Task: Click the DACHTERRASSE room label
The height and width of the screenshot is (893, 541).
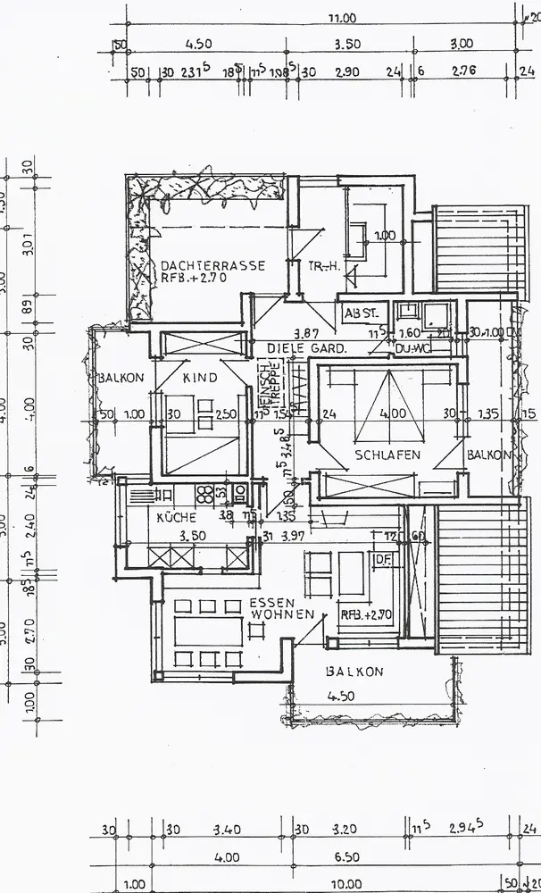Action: (x=212, y=265)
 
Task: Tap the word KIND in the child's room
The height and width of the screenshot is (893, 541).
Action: (x=200, y=378)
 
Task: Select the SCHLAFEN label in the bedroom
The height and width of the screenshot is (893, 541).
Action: (x=387, y=455)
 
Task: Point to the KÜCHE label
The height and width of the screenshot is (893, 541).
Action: (x=176, y=517)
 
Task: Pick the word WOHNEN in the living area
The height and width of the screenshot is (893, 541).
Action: (x=282, y=614)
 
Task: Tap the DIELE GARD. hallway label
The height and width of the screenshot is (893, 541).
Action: (x=307, y=347)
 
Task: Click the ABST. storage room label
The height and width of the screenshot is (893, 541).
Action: (x=363, y=313)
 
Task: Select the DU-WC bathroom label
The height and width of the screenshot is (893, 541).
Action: (x=412, y=347)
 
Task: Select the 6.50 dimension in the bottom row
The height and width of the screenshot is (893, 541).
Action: (x=345, y=856)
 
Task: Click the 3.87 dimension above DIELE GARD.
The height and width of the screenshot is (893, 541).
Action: (x=307, y=333)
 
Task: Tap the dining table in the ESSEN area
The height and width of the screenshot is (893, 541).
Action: (x=208, y=631)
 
